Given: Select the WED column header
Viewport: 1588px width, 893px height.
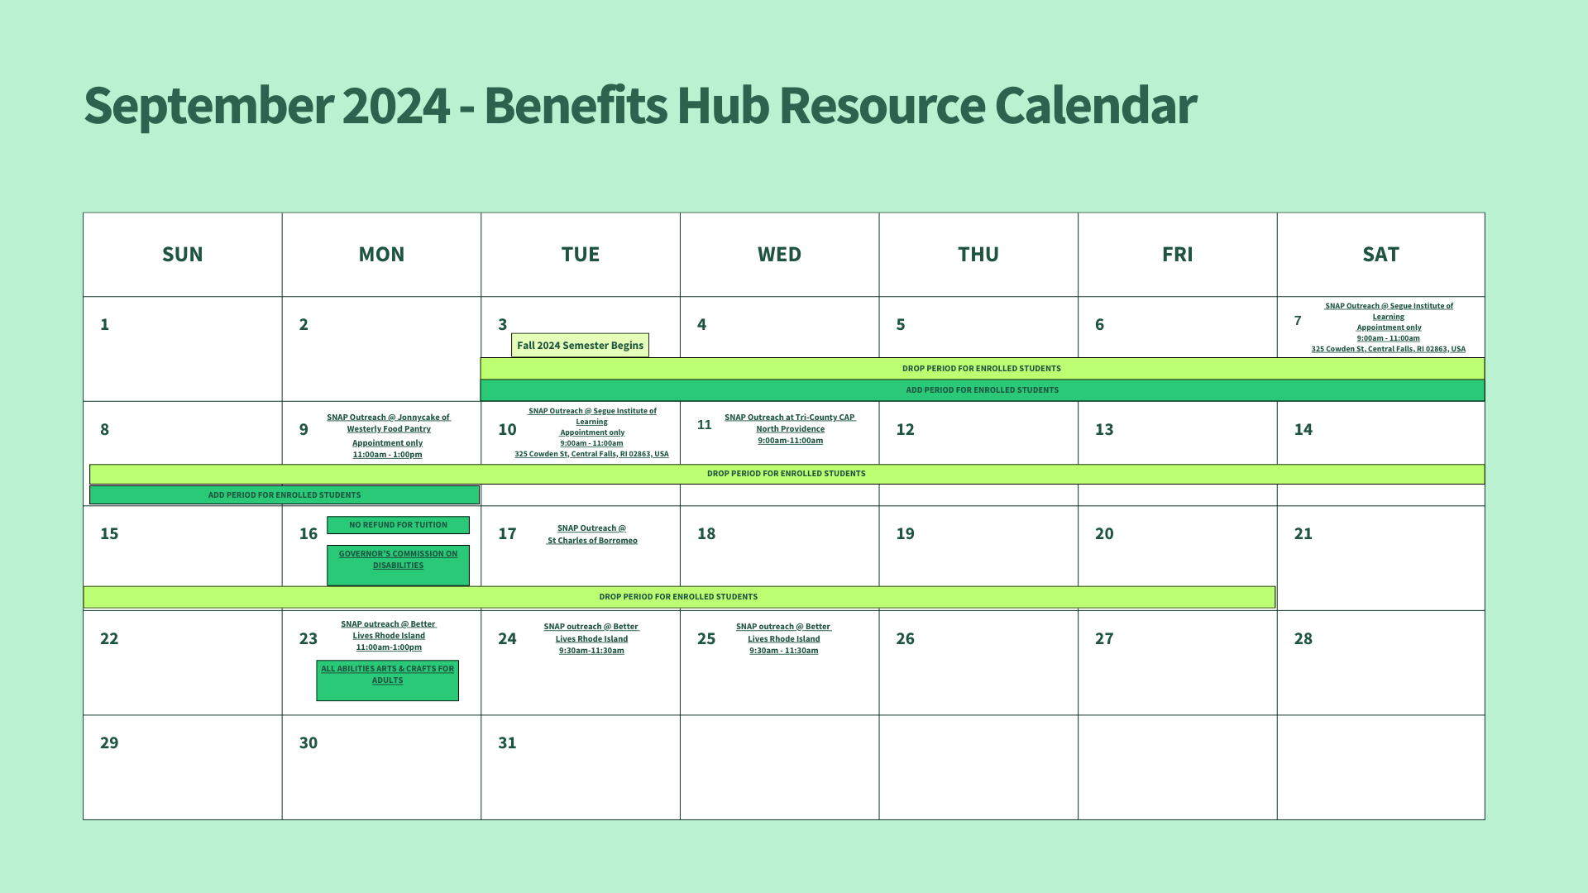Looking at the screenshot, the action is [779, 255].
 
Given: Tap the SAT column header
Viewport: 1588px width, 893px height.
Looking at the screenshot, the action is [1380, 255].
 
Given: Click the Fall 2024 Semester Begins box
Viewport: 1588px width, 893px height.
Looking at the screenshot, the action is [580, 346].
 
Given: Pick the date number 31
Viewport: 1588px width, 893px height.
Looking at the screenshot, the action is [507, 743].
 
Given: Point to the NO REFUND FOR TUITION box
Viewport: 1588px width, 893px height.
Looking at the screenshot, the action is [398, 525].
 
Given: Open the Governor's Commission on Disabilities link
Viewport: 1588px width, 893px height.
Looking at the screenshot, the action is [398, 560].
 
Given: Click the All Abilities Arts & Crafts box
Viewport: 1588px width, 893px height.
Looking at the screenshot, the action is [387, 680].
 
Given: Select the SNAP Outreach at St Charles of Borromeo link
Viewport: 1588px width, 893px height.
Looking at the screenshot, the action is [592, 534].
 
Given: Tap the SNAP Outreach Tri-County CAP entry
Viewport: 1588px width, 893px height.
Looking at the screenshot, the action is [790, 428].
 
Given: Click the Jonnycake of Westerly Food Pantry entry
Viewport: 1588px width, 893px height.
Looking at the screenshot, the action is [388, 436].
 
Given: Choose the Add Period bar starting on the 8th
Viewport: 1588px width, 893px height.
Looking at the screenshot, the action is [285, 495].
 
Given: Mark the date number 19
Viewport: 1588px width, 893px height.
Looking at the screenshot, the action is [905, 533].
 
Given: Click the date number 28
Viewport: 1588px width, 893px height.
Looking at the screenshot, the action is [1303, 638].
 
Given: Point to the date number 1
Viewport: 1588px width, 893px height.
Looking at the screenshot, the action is [104, 324].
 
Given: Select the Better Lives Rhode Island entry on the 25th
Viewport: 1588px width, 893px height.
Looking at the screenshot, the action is [784, 638].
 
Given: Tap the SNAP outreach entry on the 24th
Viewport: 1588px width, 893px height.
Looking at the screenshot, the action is [591, 638].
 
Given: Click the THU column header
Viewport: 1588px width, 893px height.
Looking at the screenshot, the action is [978, 255].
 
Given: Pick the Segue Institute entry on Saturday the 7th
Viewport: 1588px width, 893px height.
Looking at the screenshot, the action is [1388, 327].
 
